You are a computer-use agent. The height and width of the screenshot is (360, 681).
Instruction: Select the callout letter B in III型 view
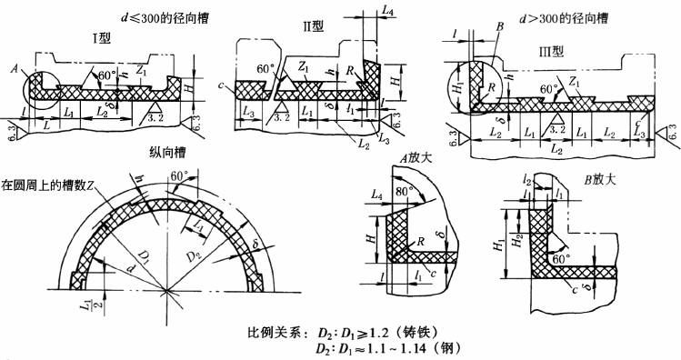pos(498,28)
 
